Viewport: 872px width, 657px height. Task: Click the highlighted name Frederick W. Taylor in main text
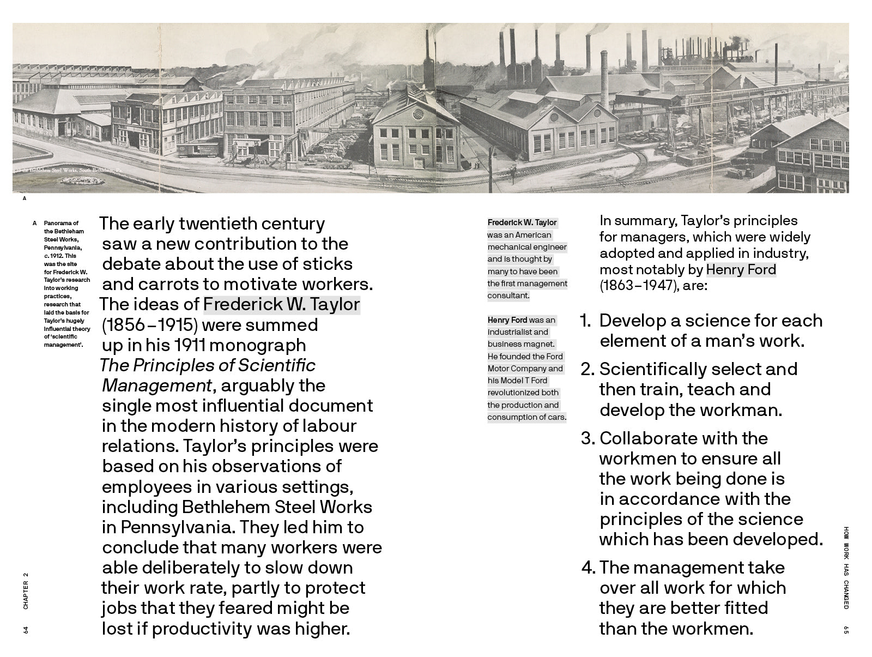tap(281, 304)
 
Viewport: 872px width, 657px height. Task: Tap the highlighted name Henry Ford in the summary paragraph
tap(741, 270)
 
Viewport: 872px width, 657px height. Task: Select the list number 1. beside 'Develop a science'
tap(585, 321)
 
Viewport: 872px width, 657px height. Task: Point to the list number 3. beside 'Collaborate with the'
tap(587, 438)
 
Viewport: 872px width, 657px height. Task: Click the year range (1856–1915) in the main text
tap(149, 325)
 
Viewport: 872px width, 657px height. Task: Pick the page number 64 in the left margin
tap(25, 630)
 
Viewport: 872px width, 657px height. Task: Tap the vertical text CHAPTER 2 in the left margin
tap(25, 590)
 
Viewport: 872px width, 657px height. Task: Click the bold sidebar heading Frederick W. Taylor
tap(522, 222)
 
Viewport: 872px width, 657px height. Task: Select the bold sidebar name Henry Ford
tap(507, 320)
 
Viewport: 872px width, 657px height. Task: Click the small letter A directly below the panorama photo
tap(25, 198)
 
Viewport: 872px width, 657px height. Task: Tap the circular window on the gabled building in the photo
tap(417, 114)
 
